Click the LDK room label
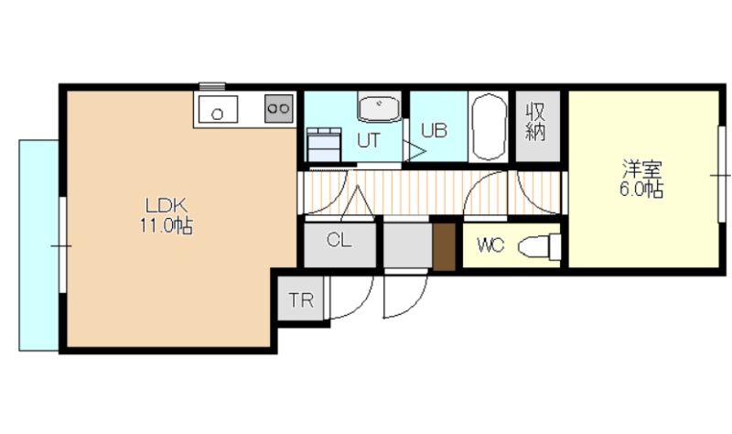tap(167, 205)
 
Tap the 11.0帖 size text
tap(167, 226)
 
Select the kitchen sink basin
tap(218, 109)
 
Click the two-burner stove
tap(279, 109)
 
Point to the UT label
tap(369, 140)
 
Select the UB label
tap(434, 130)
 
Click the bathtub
tap(489, 127)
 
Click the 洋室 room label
tap(641, 170)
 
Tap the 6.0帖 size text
tap(641, 190)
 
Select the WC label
tap(490, 244)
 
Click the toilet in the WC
tap(539, 246)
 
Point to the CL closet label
tap(339, 240)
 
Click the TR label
tap(301, 300)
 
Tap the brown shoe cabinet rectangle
tap(444, 246)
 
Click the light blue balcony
tap(38, 245)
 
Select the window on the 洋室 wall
tap(722, 175)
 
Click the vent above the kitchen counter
tap(212, 86)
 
